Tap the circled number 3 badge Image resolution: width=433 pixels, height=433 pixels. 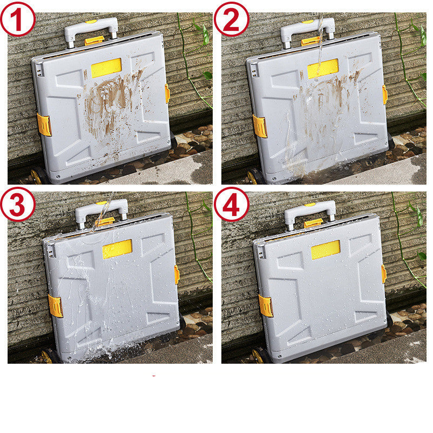pos(18,206)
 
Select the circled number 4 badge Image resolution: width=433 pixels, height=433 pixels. pos(232,206)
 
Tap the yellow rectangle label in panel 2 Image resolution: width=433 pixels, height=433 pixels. pos(323,69)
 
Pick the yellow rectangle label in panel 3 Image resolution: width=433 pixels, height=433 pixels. pos(117,249)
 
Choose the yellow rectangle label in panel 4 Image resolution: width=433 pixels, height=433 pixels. pos(325,250)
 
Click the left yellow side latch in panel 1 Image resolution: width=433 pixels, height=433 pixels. pos(44,124)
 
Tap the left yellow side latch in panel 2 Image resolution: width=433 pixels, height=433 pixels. pos(260,126)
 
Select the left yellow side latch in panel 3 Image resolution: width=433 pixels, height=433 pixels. pos(55,306)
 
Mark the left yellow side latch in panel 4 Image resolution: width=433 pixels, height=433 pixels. pos(265,305)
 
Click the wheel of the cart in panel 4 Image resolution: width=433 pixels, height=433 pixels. pos(259,356)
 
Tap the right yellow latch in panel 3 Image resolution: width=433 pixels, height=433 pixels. pos(177,274)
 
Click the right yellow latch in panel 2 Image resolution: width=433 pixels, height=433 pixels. pos(385,95)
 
